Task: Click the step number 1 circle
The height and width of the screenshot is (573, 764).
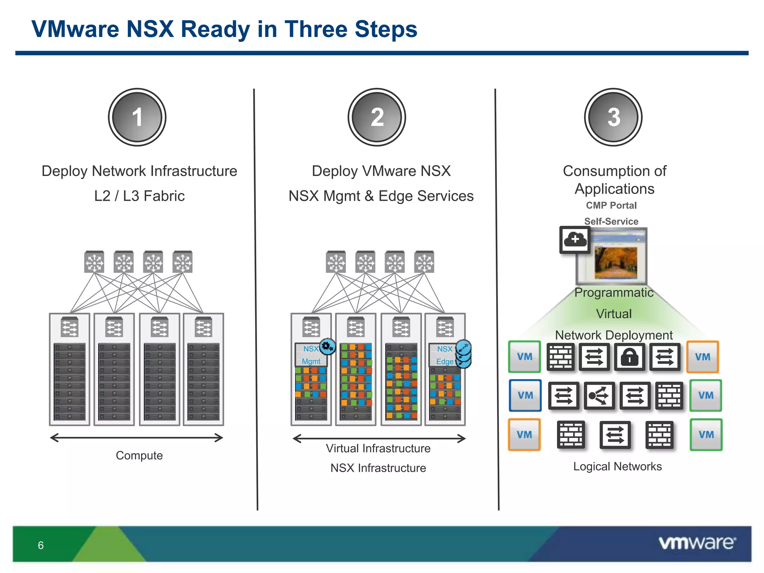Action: coord(137,117)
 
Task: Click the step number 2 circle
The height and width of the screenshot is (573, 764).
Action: coord(377,117)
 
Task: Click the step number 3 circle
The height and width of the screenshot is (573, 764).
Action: coord(613,117)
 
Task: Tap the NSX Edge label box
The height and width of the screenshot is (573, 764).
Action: coord(444,355)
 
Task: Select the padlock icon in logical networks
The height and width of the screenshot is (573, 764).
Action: coord(629,357)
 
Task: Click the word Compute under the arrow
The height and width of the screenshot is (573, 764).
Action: coord(139,455)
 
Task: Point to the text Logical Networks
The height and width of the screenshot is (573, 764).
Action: coord(617,466)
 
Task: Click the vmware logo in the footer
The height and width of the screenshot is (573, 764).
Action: coord(697,543)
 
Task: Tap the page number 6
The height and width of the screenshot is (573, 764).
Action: coord(41,545)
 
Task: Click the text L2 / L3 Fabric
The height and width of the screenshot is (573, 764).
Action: coord(139,196)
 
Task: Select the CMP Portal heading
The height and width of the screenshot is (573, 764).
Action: coord(611,205)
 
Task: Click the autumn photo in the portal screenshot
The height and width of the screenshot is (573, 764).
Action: coord(616,263)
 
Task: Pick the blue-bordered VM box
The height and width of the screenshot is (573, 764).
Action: coord(525,395)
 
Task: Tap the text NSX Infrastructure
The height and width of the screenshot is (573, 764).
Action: coord(378,468)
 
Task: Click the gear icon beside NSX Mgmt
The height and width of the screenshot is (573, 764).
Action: coord(328,347)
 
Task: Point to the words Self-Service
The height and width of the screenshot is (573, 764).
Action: coord(611,221)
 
